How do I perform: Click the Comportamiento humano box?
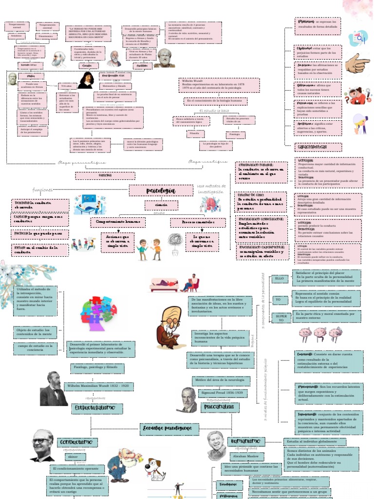pyautogui.click(x=118, y=222)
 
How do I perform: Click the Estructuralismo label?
pyautogui.click(x=94, y=407)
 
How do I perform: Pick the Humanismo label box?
pyautogui.click(x=246, y=441)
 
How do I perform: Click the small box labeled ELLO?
pyautogui.click(x=280, y=279)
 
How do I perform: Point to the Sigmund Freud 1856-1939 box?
pyautogui.click(x=221, y=393)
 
